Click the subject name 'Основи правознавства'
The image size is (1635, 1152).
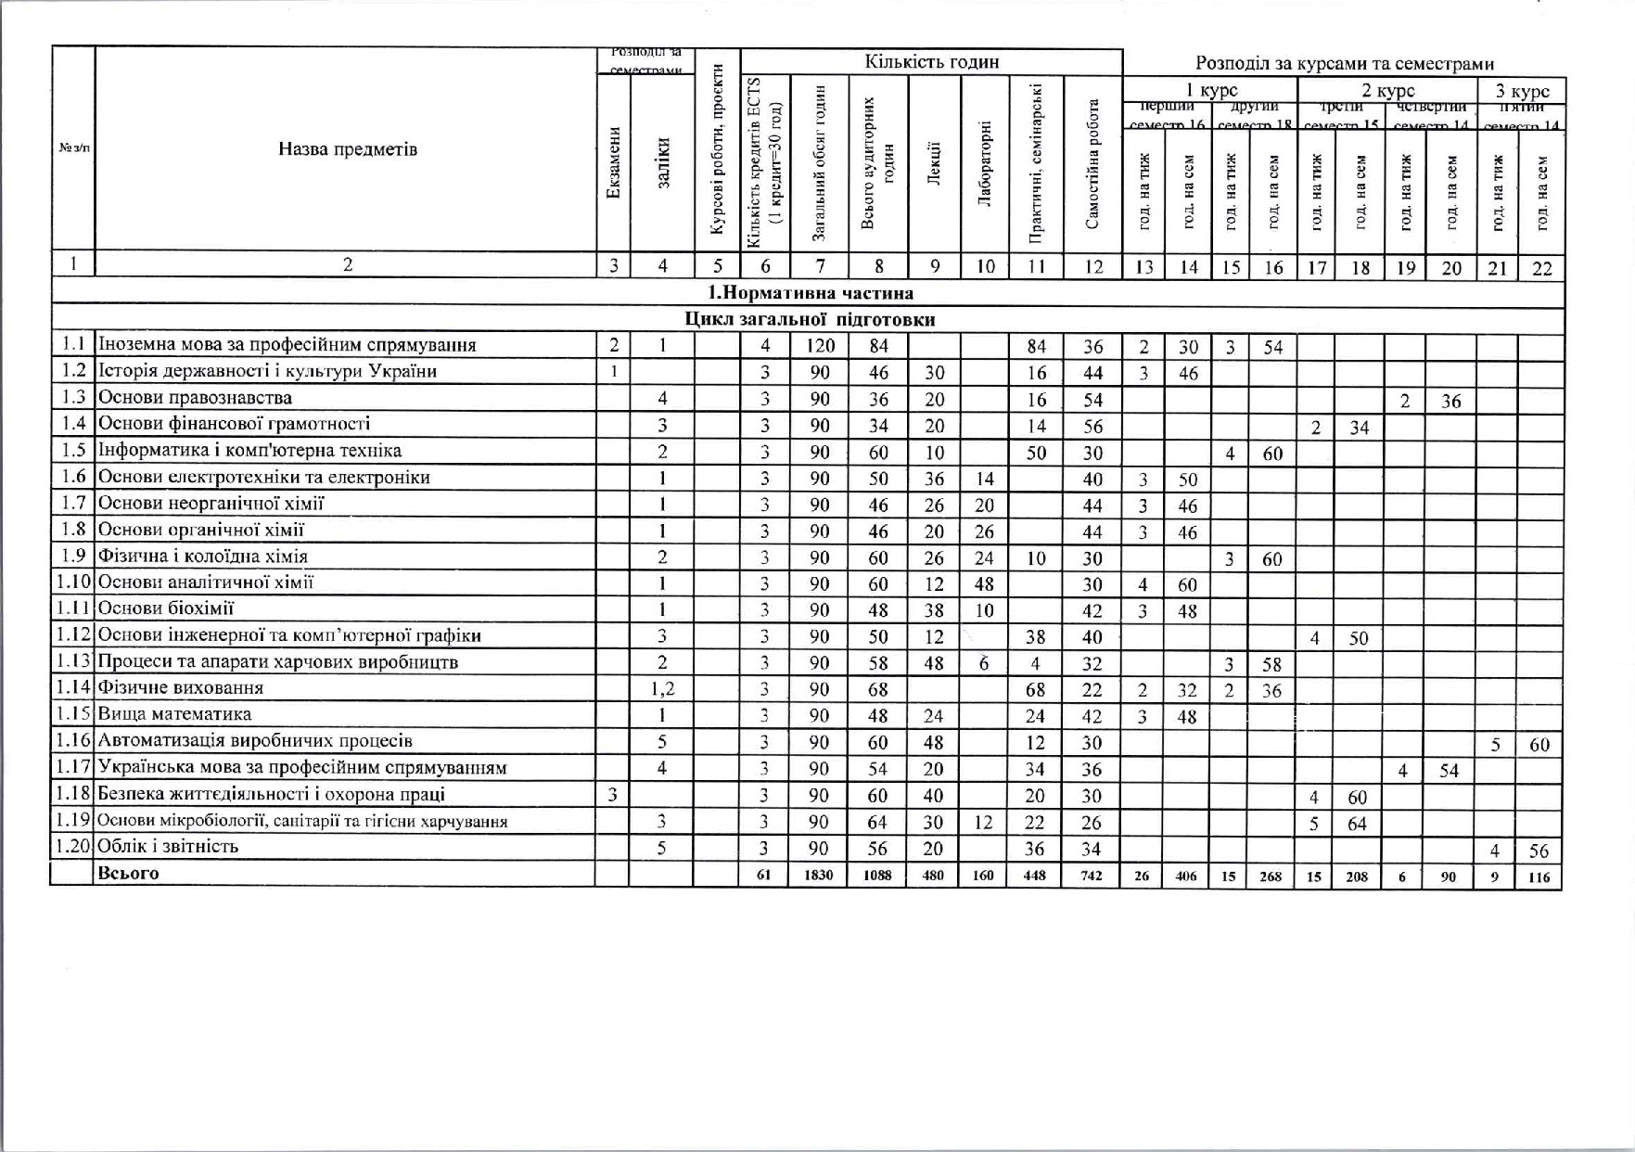tap(195, 398)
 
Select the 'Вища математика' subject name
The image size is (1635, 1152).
tap(174, 714)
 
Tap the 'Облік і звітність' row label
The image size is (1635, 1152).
tap(168, 846)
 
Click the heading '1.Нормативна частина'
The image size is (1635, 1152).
tap(810, 293)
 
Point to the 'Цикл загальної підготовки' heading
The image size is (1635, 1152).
tap(810, 320)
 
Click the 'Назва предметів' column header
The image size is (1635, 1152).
tap(348, 149)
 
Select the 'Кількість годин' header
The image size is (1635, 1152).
tap(931, 62)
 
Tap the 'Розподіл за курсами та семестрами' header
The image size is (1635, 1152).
tap(1344, 63)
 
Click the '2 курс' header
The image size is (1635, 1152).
tap(1387, 91)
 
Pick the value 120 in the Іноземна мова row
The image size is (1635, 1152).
tap(820, 346)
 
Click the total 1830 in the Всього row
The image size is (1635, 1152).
tap(819, 875)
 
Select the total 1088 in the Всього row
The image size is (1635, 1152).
tap(877, 875)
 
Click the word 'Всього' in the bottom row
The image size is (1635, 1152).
tap(128, 873)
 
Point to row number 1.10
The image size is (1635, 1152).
tap(72, 582)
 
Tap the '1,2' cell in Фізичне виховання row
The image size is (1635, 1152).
tap(662, 688)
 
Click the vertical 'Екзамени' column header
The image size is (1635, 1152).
tap(614, 162)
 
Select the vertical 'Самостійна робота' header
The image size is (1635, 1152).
tap(1093, 164)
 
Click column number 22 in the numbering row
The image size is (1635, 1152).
tap(1541, 268)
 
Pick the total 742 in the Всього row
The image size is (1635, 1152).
tap(1092, 875)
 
